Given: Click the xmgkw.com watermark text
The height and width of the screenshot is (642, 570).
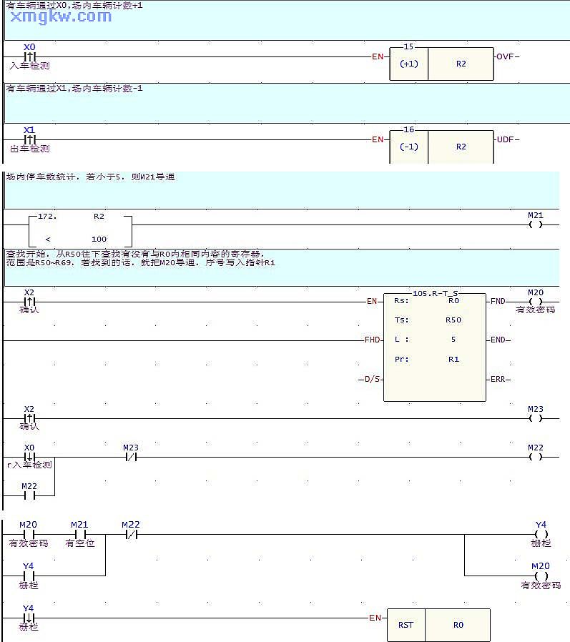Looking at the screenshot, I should pyautogui.click(x=61, y=16).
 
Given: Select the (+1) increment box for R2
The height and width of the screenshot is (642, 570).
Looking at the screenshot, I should pyautogui.click(x=408, y=64).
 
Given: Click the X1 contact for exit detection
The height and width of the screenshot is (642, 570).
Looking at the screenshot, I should pyautogui.click(x=29, y=139).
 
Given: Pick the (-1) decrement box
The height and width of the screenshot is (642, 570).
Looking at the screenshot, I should pyautogui.click(x=408, y=147).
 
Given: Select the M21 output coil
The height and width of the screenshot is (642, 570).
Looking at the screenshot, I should pyautogui.click(x=535, y=224).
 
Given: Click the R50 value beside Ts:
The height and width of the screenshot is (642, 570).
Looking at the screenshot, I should pyautogui.click(x=453, y=320).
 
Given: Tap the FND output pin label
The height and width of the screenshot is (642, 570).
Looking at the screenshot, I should pyautogui.click(x=498, y=302).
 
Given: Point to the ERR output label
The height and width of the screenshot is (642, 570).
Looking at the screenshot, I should pyautogui.click(x=498, y=379).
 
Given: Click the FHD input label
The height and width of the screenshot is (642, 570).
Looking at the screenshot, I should pyautogui.click(x=373, y=340).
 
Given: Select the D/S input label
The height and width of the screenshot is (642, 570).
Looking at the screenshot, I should pyautogui.click(x=373, y=379).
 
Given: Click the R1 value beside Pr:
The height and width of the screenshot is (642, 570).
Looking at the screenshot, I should pyautogui.click(x=453, y=359).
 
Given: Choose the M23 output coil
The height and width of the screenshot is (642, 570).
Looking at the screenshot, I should pyautogui.click(x=536, y=418).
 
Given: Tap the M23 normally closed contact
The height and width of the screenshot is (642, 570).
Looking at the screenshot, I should pyautogui.click(x=130, y=457).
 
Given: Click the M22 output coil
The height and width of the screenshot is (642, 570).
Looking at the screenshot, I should pyautogui.click(x=536, y=457).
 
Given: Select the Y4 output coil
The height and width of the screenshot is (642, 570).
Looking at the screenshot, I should pyautogui.click(x=541, y=533).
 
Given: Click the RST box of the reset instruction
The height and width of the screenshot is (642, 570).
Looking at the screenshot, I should pyautogui.click(x=406, y=625).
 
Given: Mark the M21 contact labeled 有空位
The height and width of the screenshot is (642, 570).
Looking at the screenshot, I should pyautogui.click(x=79, y=533).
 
